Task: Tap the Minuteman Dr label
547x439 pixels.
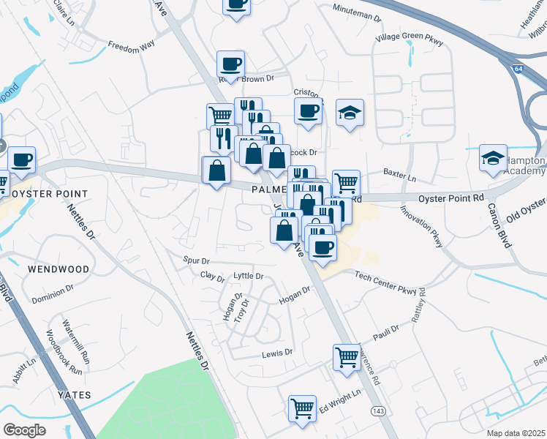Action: click(356, 14)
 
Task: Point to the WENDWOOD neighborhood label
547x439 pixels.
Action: click(59, 269)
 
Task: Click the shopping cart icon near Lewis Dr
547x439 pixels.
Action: click(346, 357)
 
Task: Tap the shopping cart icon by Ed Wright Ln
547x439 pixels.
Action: click(301, 408)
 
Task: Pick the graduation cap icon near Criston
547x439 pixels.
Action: click(350, 112)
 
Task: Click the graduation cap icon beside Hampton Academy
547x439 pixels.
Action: click(493, 157)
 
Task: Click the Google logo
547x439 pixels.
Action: click(25, 430)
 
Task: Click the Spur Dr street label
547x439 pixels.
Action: click(196, 260)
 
